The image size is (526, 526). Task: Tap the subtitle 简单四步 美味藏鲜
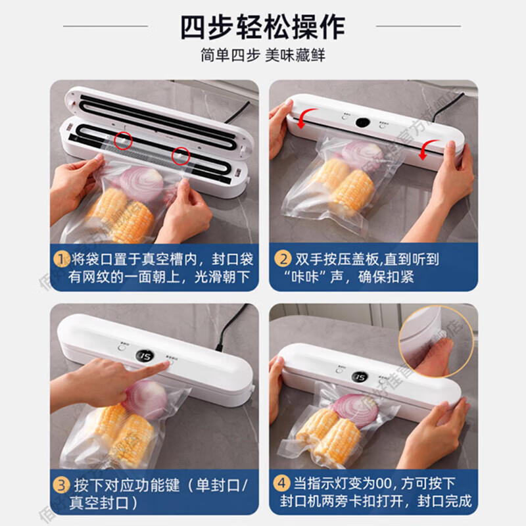click(x=262, y=57)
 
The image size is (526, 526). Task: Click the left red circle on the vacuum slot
click(x=123, y=139)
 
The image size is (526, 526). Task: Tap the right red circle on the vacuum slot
click(x=181, y=156)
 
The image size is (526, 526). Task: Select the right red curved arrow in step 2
click(x=430, y=146)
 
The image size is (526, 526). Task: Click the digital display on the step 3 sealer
click(x=145, y=356)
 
